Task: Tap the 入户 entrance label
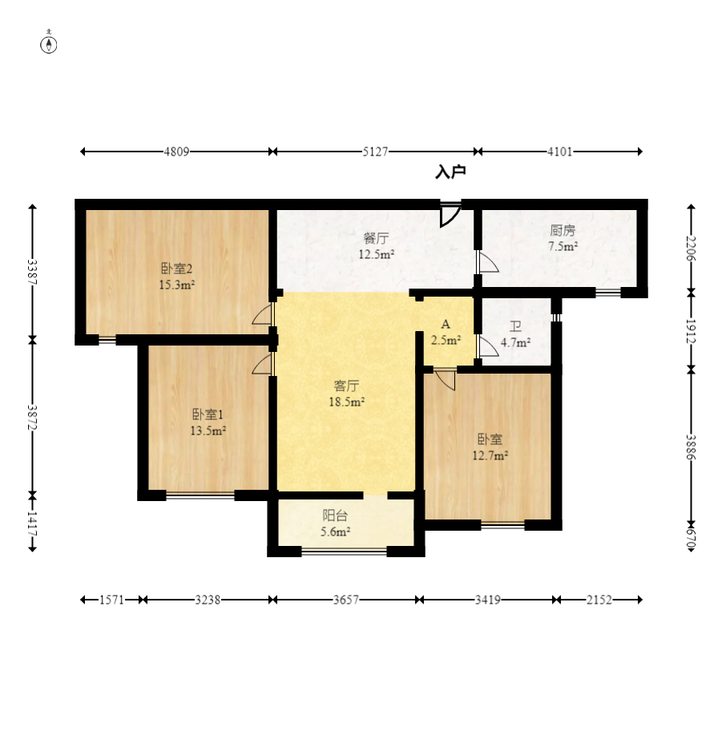tap(450, 172)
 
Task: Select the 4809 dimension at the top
tap(176, 152)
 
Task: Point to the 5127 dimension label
tap(376, 152)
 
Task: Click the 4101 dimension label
tap(559, 152)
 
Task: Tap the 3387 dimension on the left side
tap(32, 272)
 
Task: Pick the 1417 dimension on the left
tap(32, 522)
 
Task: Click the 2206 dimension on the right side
tap(692, 248)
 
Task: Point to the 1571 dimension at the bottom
tap(112, 600)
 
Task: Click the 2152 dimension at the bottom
tap(599, 600)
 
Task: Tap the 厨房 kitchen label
tap(563, 230)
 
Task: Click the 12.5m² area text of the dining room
tap(377, 254)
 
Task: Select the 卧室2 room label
tap(176, 269)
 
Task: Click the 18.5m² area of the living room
tap(346, 402)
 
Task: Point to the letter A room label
tap(446, 324)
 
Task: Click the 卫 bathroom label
tap(516, 327)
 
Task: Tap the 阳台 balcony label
tap(335, 516)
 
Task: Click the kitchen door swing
tap(488, 263)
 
